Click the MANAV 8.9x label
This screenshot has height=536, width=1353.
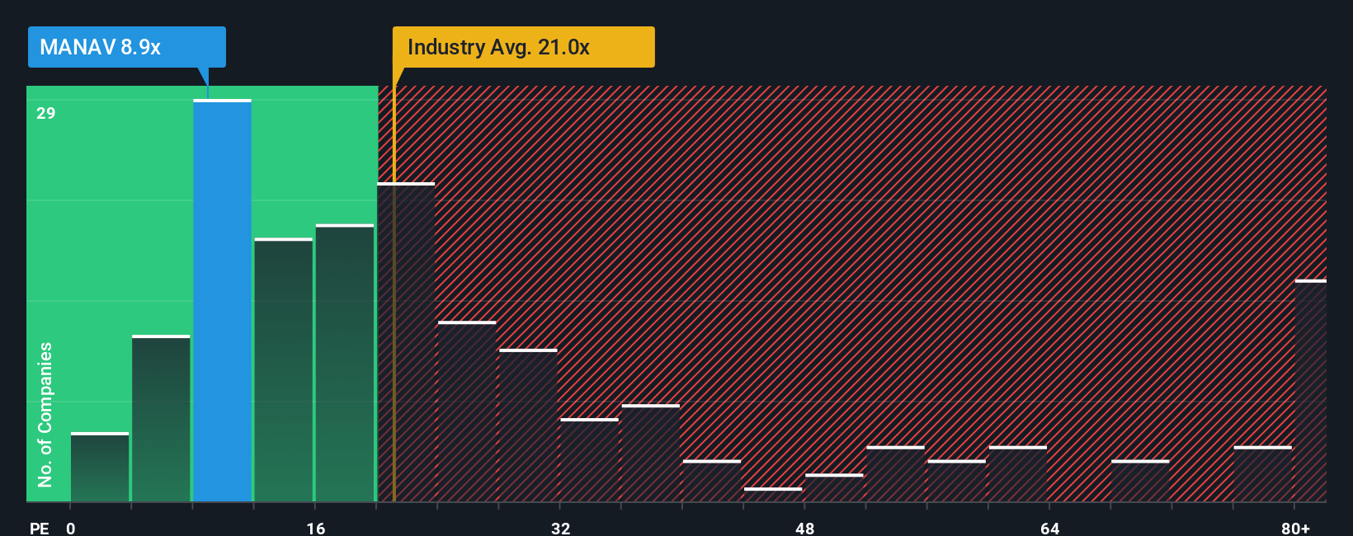click(126, 47)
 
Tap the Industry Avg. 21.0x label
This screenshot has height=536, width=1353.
click(523, 47)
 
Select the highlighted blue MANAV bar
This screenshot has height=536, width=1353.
click(222, 301)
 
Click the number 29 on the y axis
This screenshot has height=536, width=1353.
click(46, 113)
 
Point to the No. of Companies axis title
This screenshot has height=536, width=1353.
click(45, 414)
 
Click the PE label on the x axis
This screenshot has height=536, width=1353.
click(39, 528)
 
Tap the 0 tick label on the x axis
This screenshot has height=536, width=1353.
click(71, 528)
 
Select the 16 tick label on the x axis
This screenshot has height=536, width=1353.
click(316, 528)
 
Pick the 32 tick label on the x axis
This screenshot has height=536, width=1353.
click(561, 528)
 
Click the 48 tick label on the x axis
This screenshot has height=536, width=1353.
click(805, 528)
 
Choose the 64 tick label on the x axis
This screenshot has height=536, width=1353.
click(1049, 528)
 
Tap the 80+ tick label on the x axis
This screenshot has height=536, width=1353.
click(1295, 528)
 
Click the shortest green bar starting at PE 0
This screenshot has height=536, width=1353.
click(100, 468)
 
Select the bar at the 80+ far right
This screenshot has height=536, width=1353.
click(1311, 391)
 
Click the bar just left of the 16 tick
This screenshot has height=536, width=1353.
click(283, 370)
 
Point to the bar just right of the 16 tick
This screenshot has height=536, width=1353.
click(345, 363)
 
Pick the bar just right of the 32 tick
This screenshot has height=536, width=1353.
click(589, 460)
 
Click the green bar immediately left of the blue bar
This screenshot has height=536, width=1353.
click(161, 419)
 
